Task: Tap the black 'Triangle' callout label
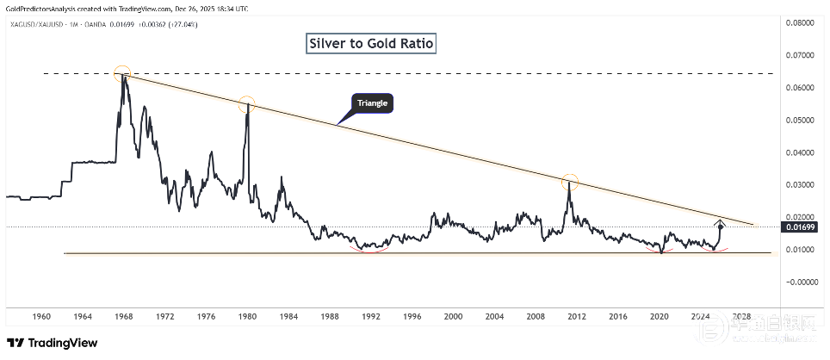pos(372,103)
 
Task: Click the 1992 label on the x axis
pos(371,317)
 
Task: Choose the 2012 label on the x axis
pos(576,317)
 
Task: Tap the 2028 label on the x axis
pos(743,317)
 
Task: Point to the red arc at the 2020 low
pos(661,251)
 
